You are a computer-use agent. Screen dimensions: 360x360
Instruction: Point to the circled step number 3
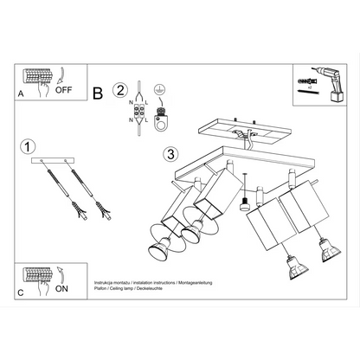click(170, 155)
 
